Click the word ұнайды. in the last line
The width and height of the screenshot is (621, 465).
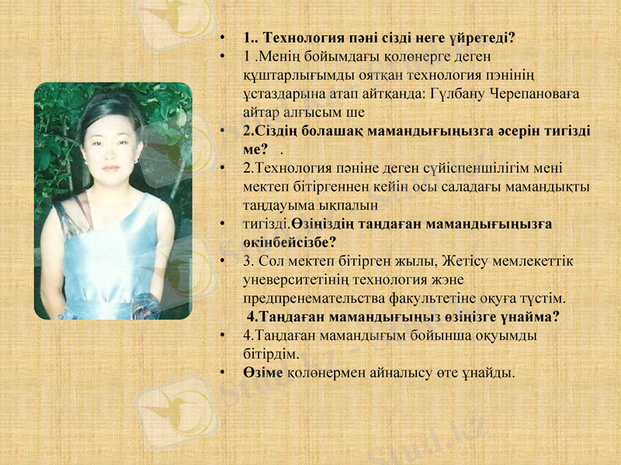pyautogui.click(x=490, y=373)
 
